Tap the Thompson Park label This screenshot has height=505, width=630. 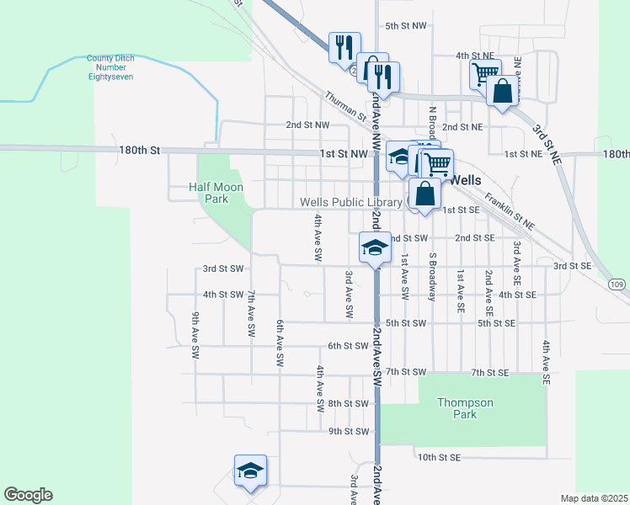pyautogui.click(x=465, y=408)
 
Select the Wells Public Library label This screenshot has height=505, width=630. pyautogui.click(x=352, y=202)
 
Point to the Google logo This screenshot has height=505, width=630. pyautogui.click(x=28, y=495)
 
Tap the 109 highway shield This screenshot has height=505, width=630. pyautogui.click(x=617, y=284)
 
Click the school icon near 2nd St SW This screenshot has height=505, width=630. pyautogui.click(x=373, y=247)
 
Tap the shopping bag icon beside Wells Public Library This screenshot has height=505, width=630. pyautogui.click(x=425, y=193)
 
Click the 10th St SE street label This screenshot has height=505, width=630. pyautogui.click(x=440, y=457)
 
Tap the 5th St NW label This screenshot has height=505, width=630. pyautogui.click(x=405, y=26)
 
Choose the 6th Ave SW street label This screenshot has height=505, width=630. pyautogui.click(x=280, y=343)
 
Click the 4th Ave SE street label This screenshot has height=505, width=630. pyautogui.click(x=546, y=363)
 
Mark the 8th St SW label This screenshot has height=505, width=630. pyautogui.click(x=349, y=403)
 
